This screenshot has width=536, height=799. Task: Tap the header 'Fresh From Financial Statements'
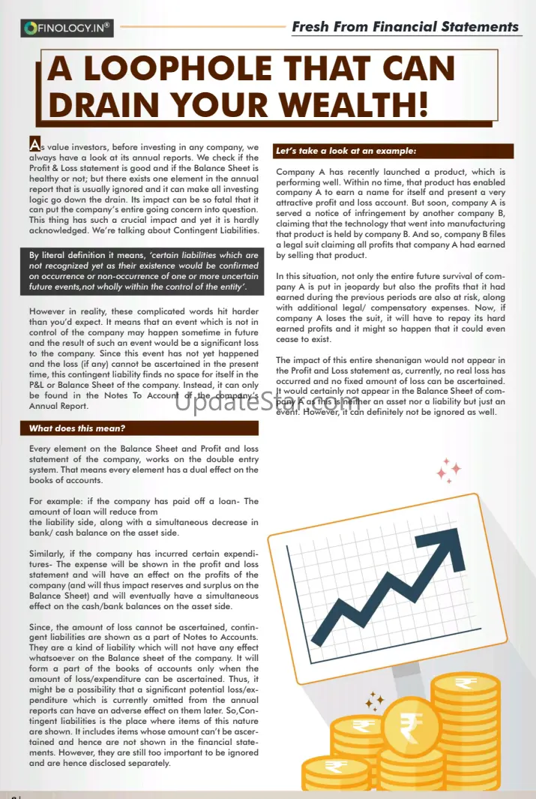pos(405,27)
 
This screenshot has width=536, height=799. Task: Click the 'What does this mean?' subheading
pos(77,428)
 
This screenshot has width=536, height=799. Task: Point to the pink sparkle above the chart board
pos(449,470)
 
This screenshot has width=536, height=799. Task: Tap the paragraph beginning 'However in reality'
pos(142,359)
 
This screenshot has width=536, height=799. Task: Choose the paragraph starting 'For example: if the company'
pos(142,517)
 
